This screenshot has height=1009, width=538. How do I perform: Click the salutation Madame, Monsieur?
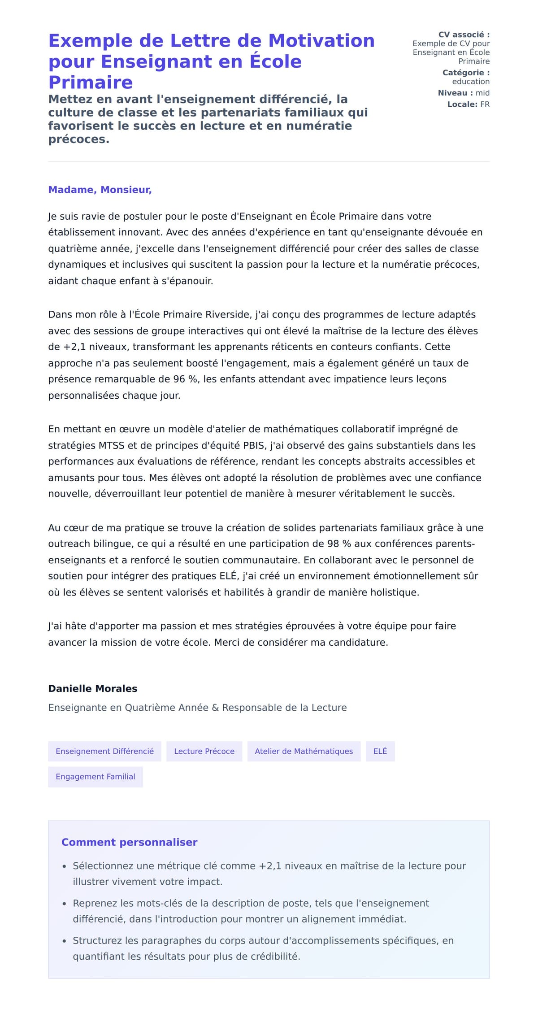(100, 190)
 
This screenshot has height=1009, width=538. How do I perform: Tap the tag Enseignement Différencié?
(104, 751)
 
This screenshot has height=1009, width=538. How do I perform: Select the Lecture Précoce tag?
(204, 751)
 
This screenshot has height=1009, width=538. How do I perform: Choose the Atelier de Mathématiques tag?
(304, 751)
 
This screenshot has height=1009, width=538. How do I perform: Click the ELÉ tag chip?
(380, 751)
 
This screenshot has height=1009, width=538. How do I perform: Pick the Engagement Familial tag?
(95, 777)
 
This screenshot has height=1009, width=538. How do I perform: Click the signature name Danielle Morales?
(92, 688)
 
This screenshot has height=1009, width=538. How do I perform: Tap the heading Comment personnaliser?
(129, 842)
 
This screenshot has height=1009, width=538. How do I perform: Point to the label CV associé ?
(464, 35)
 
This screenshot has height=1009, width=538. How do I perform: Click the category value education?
(470, 82)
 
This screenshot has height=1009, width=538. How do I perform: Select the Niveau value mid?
(482, 93)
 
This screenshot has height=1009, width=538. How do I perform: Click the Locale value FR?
(485, 104)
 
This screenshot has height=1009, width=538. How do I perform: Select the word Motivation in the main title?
(321, 41)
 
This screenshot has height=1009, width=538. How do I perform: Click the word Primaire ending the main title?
(91, 83)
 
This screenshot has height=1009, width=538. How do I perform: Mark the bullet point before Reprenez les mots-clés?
(65, 904)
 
